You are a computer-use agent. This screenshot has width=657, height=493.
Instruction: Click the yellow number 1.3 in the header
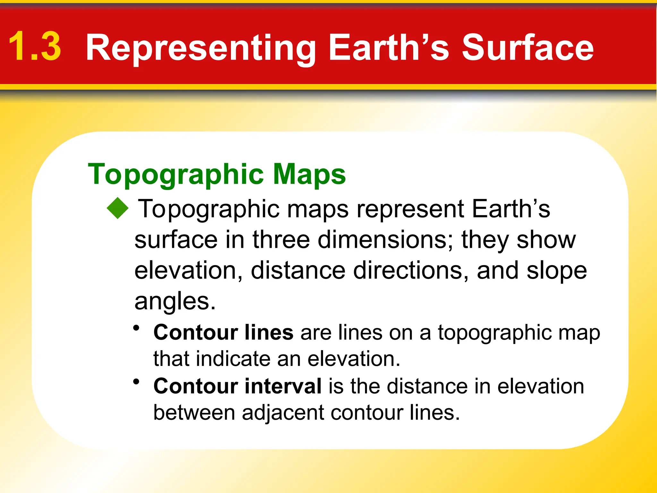click(35, 47)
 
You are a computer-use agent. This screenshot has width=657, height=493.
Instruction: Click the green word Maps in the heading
click(309, 174)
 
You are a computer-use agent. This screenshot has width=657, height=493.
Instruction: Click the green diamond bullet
click(118, 208)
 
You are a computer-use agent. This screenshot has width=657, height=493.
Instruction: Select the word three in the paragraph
click(281, 240)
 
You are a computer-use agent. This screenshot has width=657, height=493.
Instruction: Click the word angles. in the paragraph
click(175, 301)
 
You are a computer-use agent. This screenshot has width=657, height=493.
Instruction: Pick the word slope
click(557, 271)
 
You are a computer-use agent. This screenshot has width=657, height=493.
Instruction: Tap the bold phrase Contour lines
click(223, 332)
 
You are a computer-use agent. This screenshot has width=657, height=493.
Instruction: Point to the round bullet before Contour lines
click(137, 328)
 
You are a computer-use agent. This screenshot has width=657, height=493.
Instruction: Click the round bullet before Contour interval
click(137, 382)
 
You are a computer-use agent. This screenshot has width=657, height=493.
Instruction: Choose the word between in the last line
click(194, 412)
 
